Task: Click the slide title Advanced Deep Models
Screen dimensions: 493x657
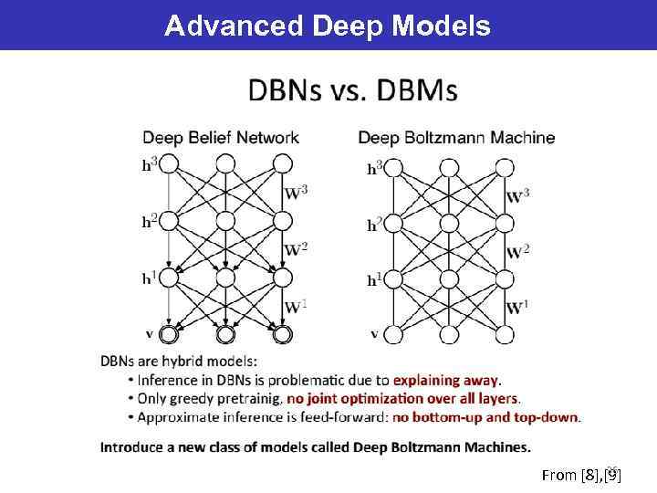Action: pos(328,25)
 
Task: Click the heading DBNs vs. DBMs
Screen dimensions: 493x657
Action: pos(353,91)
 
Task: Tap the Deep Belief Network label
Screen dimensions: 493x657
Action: pos(220,138)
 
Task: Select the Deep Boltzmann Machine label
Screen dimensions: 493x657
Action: pos(456,138)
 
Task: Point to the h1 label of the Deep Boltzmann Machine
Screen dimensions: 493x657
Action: pos(374,280)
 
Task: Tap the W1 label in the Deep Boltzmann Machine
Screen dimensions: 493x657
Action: pos(516,308)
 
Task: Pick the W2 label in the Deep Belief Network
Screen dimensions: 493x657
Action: pos(297,249)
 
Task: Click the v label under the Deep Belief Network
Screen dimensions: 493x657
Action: pos(149,333)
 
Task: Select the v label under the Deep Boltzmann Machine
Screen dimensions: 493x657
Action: pos(374,333)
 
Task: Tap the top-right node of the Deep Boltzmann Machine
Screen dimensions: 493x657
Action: pos(506,168)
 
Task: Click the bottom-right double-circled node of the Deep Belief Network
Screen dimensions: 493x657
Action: pos(282,334)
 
